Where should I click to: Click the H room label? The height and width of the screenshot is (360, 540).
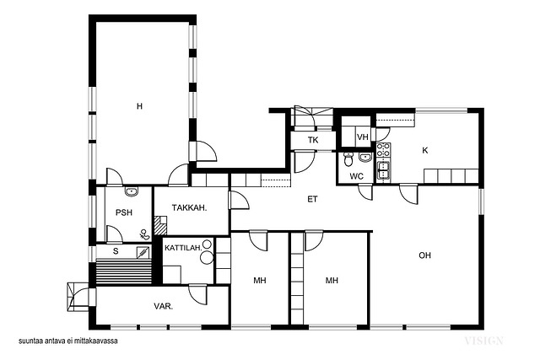(139, 106)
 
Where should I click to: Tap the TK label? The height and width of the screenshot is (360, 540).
(313, 141)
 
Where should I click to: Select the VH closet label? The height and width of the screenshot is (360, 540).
(363, 137)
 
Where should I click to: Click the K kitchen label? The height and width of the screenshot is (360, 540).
(425, 150)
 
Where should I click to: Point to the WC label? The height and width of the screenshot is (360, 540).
(356, 176)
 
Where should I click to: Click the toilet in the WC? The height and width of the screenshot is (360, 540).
(348, 159)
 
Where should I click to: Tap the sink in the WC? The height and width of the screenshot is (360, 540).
(365, 158)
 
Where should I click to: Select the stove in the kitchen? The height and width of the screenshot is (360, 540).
(383, 151)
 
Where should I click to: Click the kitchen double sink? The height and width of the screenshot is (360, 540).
(383, 170)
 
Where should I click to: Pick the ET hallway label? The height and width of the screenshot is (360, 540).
(312, 199)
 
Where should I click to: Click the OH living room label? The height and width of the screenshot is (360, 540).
(424, 255)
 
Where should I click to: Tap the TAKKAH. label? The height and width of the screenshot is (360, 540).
(189, 208)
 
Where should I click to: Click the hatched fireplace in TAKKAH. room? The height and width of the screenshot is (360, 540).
(160, 225)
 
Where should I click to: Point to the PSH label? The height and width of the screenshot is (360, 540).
(124, 212)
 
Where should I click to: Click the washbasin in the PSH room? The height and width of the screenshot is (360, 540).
(132, 191)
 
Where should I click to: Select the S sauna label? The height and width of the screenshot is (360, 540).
(116, 251)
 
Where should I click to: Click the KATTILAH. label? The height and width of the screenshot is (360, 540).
(183, 248)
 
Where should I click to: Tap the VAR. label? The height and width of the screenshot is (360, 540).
(164, 306)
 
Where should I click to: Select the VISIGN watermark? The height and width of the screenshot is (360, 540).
(483, 341)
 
